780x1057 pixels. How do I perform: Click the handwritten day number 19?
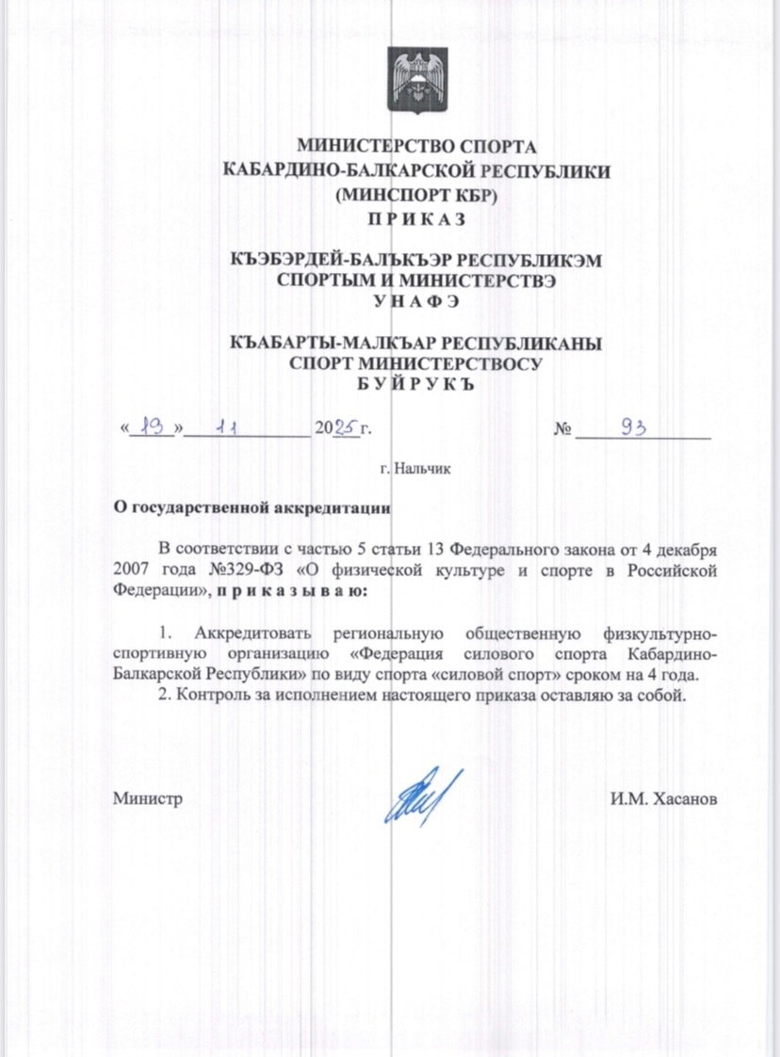pos(151,427)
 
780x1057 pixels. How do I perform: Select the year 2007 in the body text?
pos(133,570)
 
